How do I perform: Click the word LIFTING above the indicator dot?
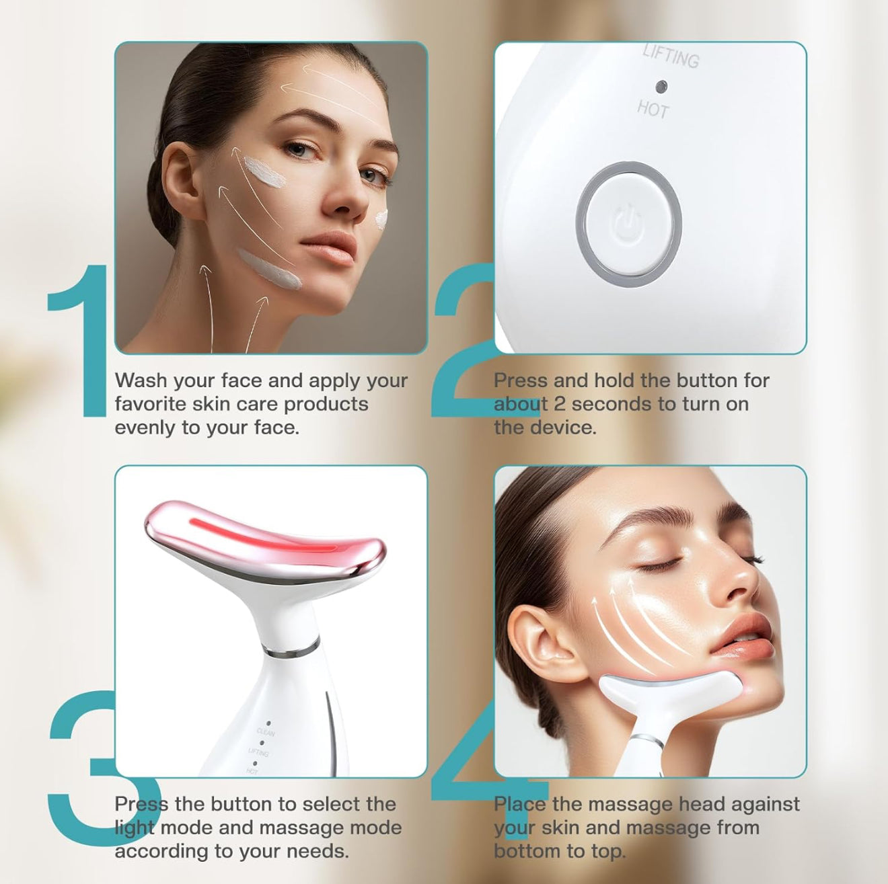tap(671, 58)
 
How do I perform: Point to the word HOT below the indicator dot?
tap(653, 110)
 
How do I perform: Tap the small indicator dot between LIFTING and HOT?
tap(662, 86)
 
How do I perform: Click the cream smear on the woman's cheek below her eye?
tap(266, 172)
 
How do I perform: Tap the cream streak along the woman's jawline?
tap(270, 270)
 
